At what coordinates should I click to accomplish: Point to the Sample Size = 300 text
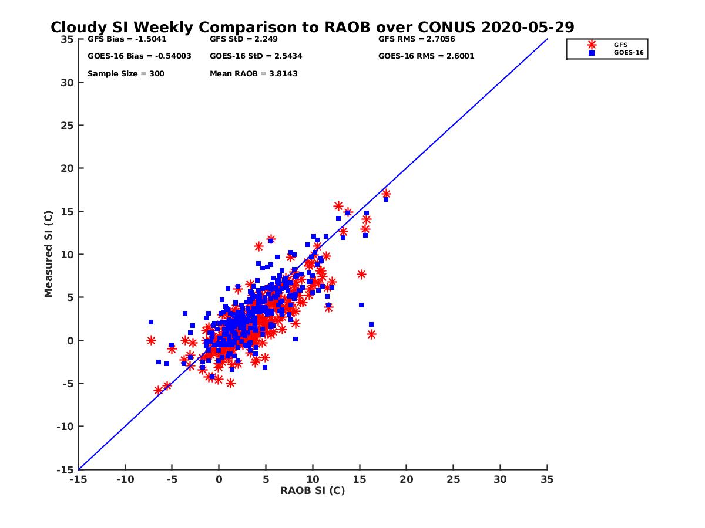tap(126, 74)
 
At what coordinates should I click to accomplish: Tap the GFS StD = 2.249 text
tap(243, 39)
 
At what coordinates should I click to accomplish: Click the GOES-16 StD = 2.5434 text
tap(256, 56)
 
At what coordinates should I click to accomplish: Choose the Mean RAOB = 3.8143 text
tap(253, 74)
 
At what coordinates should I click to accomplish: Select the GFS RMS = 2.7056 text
tap(417, 39)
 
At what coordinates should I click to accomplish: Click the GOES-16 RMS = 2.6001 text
tap(426, 56)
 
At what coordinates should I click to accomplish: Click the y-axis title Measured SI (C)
tap(49, 254)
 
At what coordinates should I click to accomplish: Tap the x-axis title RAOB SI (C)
tap(313, 490)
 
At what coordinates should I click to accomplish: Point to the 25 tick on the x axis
tap(453, 479)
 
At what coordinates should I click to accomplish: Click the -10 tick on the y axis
tap(65, 427)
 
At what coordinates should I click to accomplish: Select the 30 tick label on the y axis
tap(68, 83)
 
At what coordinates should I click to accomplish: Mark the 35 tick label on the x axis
tap(547, 479)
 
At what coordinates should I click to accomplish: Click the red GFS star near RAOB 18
tap(386, 194)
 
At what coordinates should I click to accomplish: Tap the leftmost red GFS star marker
tap(151, 340)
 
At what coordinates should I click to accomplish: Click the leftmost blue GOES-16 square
tap(151, 322)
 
